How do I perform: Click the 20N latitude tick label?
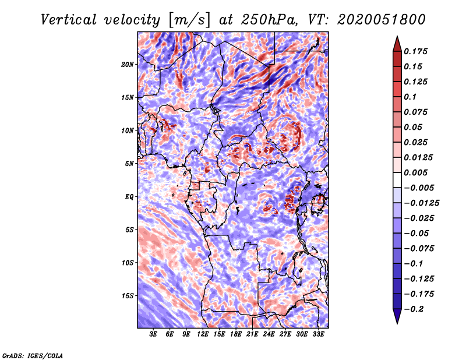tap(128, 64)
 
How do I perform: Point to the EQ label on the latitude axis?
tap(129, 196)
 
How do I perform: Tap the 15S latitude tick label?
tap(128, 295)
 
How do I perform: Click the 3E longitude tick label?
tap(154, 335)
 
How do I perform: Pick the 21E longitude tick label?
tap(252, 335)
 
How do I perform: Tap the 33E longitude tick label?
tap(318, 335)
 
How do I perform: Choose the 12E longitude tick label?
tap(203, 335)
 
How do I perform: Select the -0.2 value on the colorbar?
tap(415, 309)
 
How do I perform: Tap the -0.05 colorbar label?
tap(417, 233)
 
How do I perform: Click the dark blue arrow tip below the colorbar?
tap(397, 319)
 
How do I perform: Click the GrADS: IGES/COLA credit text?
tap(33, 355)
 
